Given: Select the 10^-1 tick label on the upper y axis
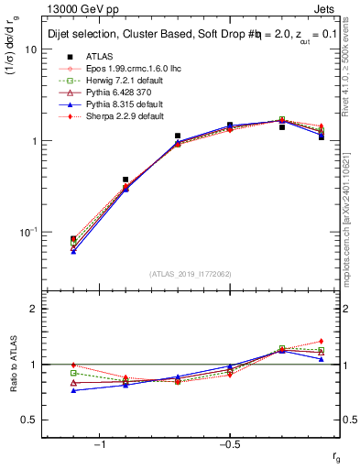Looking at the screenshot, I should [x=27, y=233].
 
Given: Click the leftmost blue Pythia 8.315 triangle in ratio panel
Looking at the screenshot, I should [x=73, y=390].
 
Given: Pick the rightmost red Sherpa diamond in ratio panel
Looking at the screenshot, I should [x=322, y=341].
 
